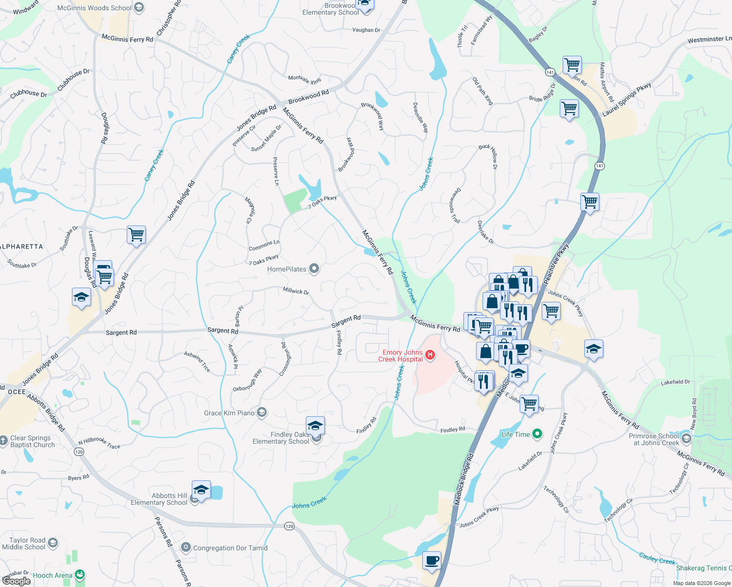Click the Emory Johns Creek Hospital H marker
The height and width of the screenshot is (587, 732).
pyautogui.click(x=430, y=355)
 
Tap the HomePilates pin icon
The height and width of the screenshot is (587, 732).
pyautogui.click(x=314, y=269)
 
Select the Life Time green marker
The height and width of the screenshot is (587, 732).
pyautogui.click(x=537, y=434)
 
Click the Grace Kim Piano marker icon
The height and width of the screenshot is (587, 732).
pyautogui.click(x=262, y=412)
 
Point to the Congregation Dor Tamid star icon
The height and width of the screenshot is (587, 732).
pyautogui.click(x=185, y=547)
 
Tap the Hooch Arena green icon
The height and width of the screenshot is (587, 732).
pyautogui.click(x=80, y=575)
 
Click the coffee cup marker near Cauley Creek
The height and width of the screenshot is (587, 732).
pyautogui.click(x=432, y=561)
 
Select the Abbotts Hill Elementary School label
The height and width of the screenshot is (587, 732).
pyautogui.click(x=160, y=499)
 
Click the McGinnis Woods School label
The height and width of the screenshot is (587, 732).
pyautogui.click(x=94, y=8)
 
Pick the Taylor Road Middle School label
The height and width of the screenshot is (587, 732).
pyautogui.click(x=24, y=543)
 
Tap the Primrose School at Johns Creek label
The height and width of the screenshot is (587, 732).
pyautogui.click(x=654, y=439)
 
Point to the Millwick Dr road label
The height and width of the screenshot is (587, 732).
pyautogui.click(x=296, y=291)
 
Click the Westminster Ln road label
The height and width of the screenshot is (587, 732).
pyautogui.click(x=709, y=39)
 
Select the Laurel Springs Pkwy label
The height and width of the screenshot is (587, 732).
pyautogui.click(x=627, y=99)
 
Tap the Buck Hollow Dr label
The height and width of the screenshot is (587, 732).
pyautogui.click(x=489, y=156)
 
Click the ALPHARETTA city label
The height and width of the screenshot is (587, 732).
pyautogui.click(x=22, y=247)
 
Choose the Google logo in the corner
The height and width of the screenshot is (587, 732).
pyautogui.click(x=16, y=581)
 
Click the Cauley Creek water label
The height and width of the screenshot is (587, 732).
pyautogui.click(x=657, y=558)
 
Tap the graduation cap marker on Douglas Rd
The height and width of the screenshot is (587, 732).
pyautogui.click(x=81, y=297)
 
